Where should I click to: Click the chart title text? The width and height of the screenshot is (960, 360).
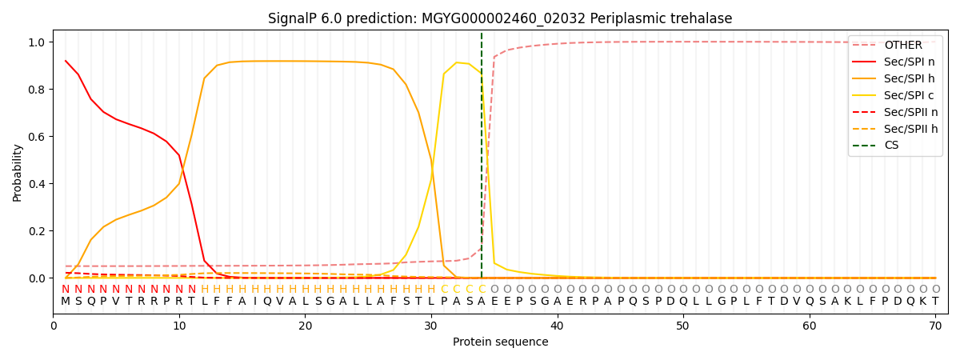pos(500,18)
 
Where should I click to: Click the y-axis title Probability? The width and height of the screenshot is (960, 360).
pos(18,172)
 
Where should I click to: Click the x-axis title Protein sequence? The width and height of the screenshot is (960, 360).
pos(500,342)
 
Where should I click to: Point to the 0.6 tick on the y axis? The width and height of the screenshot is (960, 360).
pos(37,137)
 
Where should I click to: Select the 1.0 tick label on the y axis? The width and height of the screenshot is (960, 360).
pos(37,42)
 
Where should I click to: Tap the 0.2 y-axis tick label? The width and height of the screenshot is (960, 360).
pos(37,231)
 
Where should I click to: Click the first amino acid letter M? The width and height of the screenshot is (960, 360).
pos(66,302)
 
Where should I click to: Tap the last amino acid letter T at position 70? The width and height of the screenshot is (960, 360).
pos(935,302)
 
